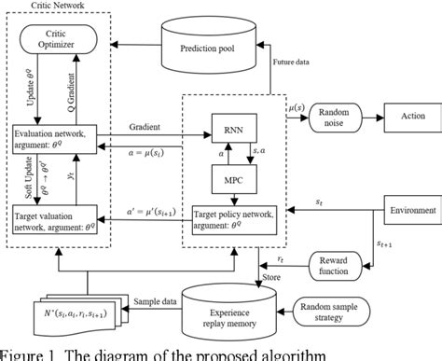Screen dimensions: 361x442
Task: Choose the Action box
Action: point(410,118)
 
